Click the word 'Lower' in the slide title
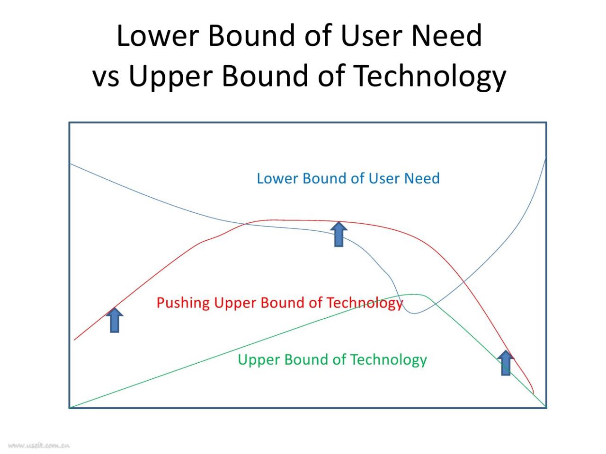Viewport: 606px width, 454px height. [x=158, y=35]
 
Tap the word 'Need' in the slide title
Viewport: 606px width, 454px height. [x=446, y=35]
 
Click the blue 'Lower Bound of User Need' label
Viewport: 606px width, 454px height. [x=348, y=178]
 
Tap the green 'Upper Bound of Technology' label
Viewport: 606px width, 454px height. [x=332, y=360]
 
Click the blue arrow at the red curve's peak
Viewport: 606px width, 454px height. [x=339, y=234]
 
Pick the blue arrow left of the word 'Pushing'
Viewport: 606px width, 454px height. [x=115, y=320]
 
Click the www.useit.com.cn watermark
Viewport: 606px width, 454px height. [x=39, y=445]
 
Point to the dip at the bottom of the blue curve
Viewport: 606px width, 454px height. [x=415, y=313]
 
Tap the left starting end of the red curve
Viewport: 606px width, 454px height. [x=74, y=340]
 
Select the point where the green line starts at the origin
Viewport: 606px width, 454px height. [x=70, y=408]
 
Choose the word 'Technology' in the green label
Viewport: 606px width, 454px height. [x=388, y=360]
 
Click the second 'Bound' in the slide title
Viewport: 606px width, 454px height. [x=265, y=76]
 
